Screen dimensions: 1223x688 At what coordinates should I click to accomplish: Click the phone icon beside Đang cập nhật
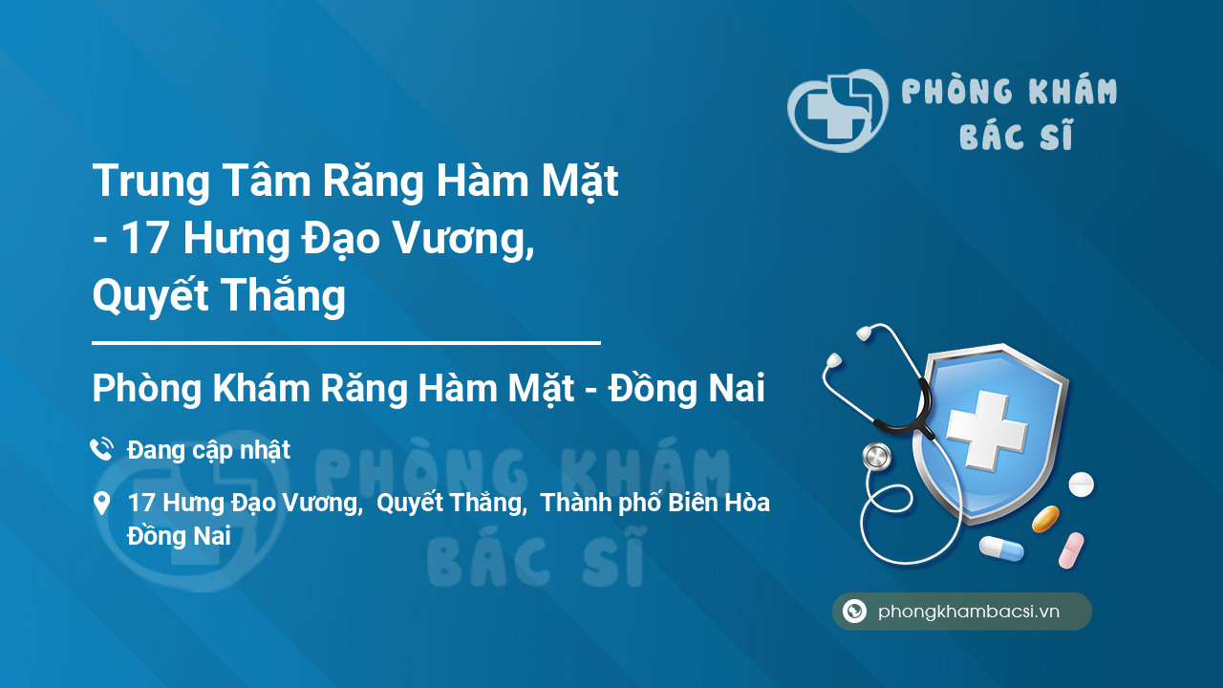point(101,449)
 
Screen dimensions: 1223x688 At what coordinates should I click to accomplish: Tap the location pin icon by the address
point(101,504)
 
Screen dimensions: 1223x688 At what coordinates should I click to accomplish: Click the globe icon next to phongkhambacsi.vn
point(854,611)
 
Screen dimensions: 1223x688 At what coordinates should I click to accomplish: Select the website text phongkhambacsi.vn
point(969,612)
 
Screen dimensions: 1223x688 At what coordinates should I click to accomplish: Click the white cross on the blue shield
point(987,429)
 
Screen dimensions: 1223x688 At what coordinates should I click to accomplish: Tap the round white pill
point(1081,484)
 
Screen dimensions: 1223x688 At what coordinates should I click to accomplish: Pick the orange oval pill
point(1045,519)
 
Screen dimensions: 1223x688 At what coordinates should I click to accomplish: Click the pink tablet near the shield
point(1071,550)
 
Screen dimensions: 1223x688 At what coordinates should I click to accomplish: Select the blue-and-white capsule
point(1001,548)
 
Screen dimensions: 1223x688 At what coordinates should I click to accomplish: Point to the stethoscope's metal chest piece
point(876,457)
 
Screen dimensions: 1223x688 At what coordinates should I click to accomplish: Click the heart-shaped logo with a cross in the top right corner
point(837,110)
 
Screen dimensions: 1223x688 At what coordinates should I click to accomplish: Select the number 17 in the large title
point(143,238)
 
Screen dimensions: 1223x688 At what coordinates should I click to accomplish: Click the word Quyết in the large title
point(151,296)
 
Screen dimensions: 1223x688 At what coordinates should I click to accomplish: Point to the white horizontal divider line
point(346,343)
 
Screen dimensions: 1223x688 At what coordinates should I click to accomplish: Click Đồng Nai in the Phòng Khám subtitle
point(686,388)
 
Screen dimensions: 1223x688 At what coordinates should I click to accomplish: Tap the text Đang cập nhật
point(208,450)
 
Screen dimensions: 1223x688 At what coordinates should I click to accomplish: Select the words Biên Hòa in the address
point(719,503)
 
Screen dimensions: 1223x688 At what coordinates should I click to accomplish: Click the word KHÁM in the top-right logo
point(1072,91)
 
